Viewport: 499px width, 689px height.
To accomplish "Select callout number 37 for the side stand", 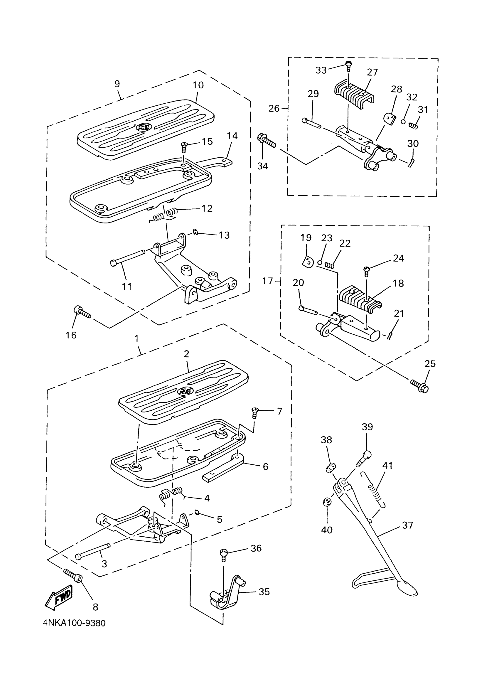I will point(407,525).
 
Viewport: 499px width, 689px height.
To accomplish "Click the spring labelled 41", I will point(373,490).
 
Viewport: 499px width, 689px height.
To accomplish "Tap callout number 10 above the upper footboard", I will point(198,85).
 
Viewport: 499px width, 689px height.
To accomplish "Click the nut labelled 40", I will point(327,502).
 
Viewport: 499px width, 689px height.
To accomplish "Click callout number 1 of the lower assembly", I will point(137,338).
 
